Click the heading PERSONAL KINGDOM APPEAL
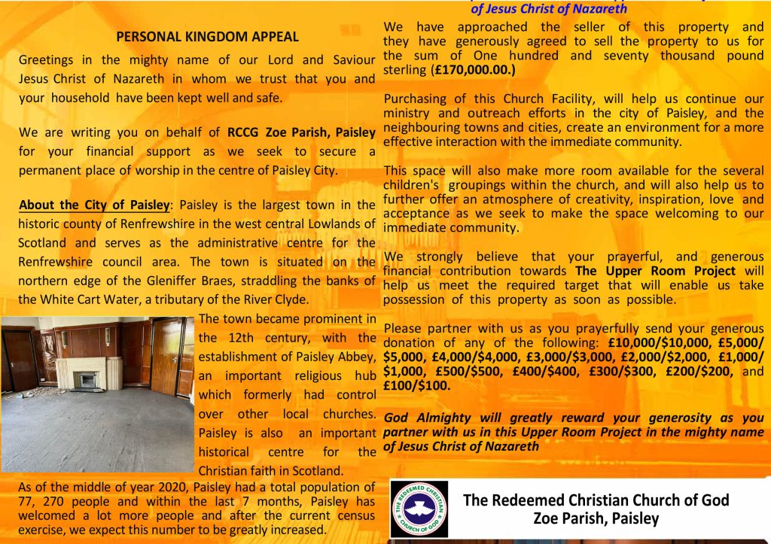pyautogui.click(x=207, y=36)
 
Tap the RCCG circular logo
pyautogui.click(x=419, y=509)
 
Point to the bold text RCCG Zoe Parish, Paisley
pyautogui.click(x=301, y=132)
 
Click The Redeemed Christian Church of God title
pyautogui.click(x=596, y=500)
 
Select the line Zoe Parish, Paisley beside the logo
pyautogui.click(x=595, y=518)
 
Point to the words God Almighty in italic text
pyautogui.click(x=428, y=418)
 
